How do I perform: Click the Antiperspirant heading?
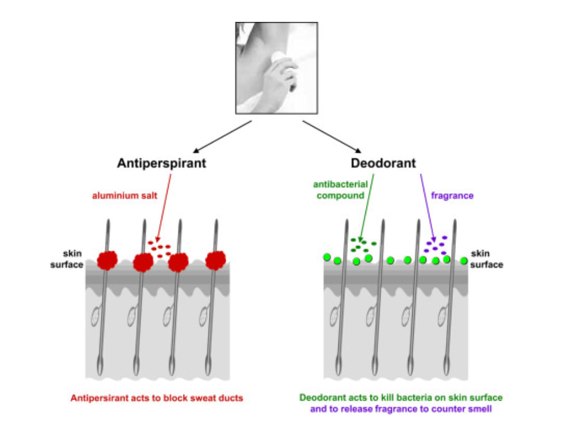pyautogui.click(x=162, y=164)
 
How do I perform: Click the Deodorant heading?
pyautogui.click(x=383, y=163)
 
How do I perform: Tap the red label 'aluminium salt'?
pyautogui.click(x=124, y=195)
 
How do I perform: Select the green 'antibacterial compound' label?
pyautogui.click(x=340, y=190)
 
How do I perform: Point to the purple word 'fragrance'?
pyautogui.click(x=452, y=195)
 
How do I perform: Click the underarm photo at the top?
pyautogui.click(x=277, y=68)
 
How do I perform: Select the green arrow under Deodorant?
pyautogui.click(x=367, y=208)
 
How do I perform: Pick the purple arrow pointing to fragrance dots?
pyautogui.click(x=428, y=208)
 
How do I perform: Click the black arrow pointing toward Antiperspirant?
pyautogui.click(x=222, y=137)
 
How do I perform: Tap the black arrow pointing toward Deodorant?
pyautogui.click(x=331, y=137)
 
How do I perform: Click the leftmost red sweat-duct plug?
pyautogui.click(x=107, y=261)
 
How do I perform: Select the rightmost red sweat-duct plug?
pyautogui.click(x=215, y=261)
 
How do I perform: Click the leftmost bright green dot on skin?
pyautogui.click(x=327, y=257)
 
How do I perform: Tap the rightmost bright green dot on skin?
pyautogui.click(x=464, y=261)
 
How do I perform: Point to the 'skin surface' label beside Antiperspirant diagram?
pyautogui.click(x=67, y=259)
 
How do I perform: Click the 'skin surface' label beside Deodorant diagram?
pyautogui.click(x=487, y=259)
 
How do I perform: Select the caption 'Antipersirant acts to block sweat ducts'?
pyautogui.click(x=157, y=398)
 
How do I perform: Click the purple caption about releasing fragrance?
pyautogui.click(x=401, y=409)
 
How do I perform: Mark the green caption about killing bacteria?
pyautogui.click(x=401, y=398)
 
